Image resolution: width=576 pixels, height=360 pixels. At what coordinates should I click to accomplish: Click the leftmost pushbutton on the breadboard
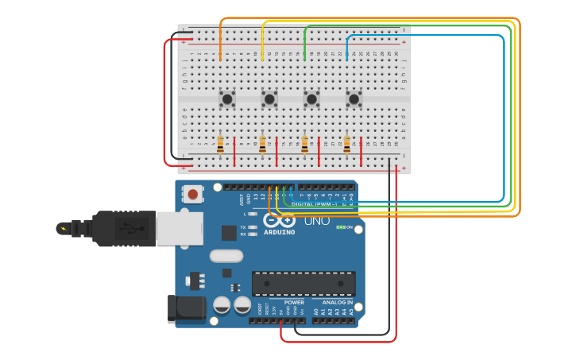[227, 99]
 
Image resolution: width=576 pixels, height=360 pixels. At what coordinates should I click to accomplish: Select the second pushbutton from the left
[269, 99]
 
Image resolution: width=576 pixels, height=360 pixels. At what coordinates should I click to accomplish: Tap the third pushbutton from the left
[311, 99]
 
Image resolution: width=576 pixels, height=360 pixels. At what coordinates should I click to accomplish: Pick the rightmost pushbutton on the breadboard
[354, 99]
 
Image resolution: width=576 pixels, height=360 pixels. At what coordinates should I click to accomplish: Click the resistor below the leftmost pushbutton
[220, 145]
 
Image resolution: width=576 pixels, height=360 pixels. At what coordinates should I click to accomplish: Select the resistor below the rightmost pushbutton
[346, 145]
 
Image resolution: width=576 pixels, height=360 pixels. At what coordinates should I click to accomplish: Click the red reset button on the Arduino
[192, 193]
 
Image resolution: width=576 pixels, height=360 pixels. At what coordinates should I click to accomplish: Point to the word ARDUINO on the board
[279, 232]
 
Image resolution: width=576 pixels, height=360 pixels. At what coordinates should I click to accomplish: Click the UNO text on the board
[316, 220]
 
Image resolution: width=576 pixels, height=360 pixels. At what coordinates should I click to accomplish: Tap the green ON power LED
[340, 227]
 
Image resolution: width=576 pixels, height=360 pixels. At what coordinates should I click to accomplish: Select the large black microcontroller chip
[303, 284]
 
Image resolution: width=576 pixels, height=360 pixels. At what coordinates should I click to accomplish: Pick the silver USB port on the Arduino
[180, 228]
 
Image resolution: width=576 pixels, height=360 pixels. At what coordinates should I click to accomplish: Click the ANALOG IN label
[338, 303]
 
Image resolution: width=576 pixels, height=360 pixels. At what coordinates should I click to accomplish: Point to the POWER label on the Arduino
[294, 303]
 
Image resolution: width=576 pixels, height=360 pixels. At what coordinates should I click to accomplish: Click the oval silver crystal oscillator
[226, 256]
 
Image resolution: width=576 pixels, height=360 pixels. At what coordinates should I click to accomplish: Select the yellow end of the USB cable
[63, 229]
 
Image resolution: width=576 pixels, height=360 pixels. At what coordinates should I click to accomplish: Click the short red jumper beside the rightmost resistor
[361, 151]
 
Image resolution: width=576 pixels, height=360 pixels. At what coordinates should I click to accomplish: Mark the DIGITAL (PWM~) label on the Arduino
[313, 204]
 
